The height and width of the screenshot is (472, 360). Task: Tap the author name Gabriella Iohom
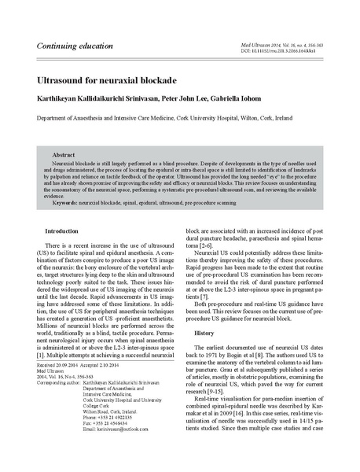pyautogui.click(x=259, y=100)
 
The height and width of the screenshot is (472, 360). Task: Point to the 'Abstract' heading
pyautogui.click(x=63, y=156)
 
